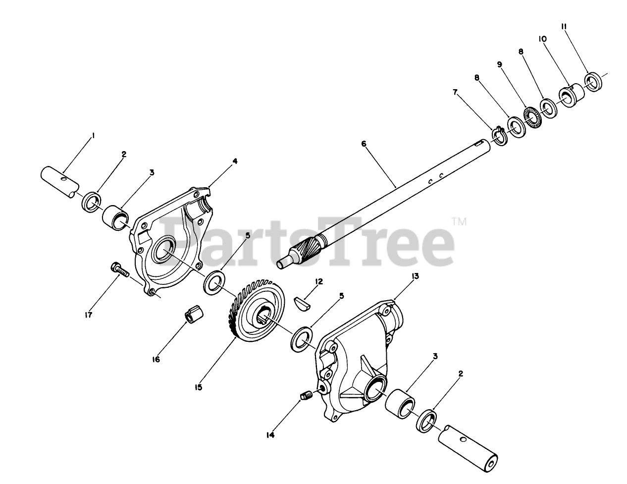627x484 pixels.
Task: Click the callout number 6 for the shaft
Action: click(x=364, y=144)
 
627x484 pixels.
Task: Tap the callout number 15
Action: click(x=199, y=387)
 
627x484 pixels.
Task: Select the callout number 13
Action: click(x=415, y=276)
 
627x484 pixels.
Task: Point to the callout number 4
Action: click(x=235, y=161)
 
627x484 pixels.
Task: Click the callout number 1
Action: click(x=93, y=135)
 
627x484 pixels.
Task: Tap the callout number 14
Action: click(x=270, y=435)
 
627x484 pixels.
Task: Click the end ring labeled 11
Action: click(x=592, y=81)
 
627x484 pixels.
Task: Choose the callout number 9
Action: click(x=499, y=64)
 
